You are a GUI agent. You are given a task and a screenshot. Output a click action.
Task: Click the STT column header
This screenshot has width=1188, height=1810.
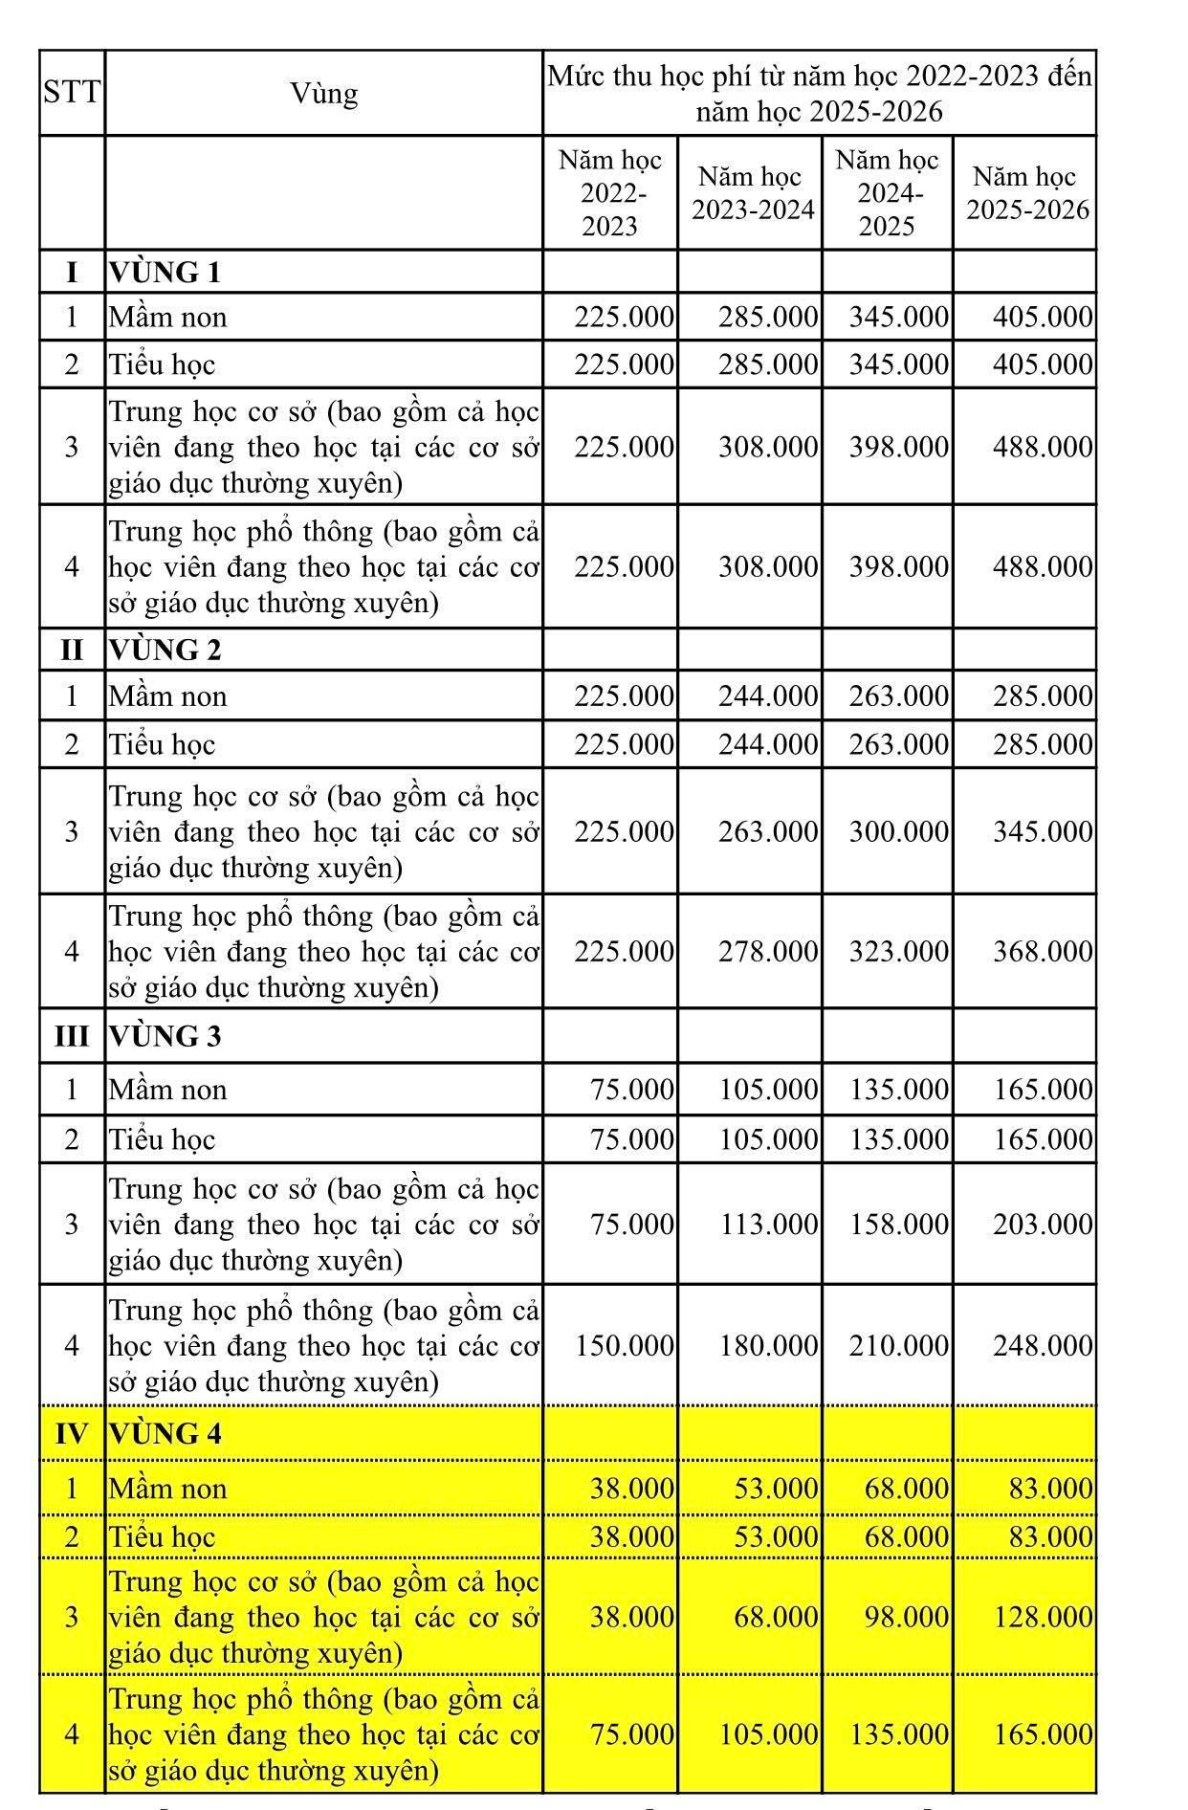(72, 93)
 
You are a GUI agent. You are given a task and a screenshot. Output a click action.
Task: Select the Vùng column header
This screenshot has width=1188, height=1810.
(324, 93)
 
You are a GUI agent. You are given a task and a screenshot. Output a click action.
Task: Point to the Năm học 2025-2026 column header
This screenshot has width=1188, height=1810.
(1026, 193)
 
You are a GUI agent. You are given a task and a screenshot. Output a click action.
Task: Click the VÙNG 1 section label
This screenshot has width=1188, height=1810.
(165, 273)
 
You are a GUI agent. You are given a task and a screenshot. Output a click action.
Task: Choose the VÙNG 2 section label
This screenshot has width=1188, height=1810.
(165, 650)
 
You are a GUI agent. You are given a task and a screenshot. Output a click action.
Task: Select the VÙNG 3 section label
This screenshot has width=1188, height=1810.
(165, 1036)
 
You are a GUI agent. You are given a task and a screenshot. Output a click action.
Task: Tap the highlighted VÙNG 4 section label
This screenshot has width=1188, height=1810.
(165, 1433)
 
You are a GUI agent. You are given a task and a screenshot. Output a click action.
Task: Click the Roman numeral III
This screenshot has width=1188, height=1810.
(72, 1036)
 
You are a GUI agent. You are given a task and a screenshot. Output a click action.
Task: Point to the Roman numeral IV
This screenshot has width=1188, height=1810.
(72, 1433)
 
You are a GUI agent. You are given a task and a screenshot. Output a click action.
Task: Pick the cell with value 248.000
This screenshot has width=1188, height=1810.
(1042, 1346)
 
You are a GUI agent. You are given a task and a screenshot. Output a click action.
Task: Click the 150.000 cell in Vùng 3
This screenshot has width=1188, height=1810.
(624, 1346)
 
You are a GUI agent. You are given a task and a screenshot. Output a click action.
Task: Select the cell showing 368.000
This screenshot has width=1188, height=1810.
(1042, 951)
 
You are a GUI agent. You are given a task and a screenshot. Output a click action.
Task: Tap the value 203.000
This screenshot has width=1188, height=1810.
(1042, 1225)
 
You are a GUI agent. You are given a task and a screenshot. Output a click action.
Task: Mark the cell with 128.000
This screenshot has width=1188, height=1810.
(1042, 1617)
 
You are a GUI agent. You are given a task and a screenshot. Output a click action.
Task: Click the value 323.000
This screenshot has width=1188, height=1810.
(898, 951)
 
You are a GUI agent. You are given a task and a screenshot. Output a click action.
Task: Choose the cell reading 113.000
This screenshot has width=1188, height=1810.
(768, 1225)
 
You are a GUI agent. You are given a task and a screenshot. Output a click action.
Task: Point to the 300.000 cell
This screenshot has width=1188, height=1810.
(898, 831)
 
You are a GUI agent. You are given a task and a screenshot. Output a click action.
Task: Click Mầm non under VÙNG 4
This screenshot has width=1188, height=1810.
(167, 1489)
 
